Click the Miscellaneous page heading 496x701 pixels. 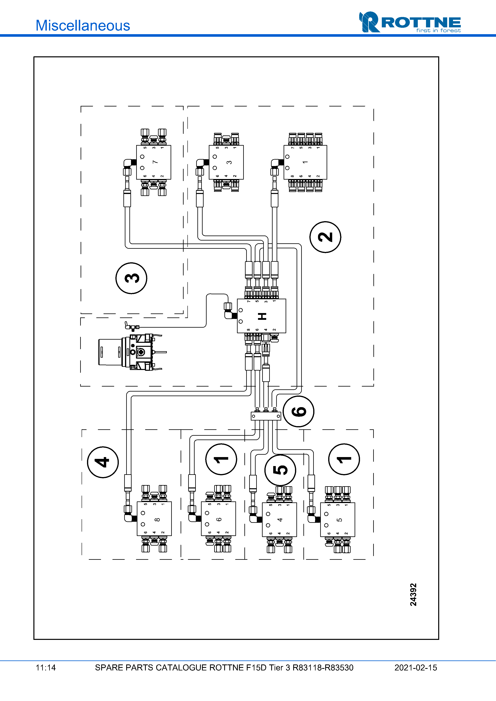coord(83,25)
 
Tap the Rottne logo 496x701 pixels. coord(410,22)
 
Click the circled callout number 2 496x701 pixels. coord(325,237)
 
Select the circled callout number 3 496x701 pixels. coord(131,278)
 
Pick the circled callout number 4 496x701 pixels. coord(103,462)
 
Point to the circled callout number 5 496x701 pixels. coord(280,470)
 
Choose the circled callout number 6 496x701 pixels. coord(299,411)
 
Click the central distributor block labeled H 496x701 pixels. coord(262,316)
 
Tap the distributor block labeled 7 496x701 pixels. coord(153,162)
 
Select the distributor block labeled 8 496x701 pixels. coord(154,519)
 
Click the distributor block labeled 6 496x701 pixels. coord(219,519)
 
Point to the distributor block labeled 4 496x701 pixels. coord(279,520)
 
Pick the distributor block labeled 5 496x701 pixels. coord(338,520)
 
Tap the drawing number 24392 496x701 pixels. coord(413,595)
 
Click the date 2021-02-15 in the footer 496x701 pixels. coord(416,667)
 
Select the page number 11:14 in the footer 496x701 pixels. coord(46,667)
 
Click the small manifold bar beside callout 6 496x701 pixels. coord(266,416)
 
